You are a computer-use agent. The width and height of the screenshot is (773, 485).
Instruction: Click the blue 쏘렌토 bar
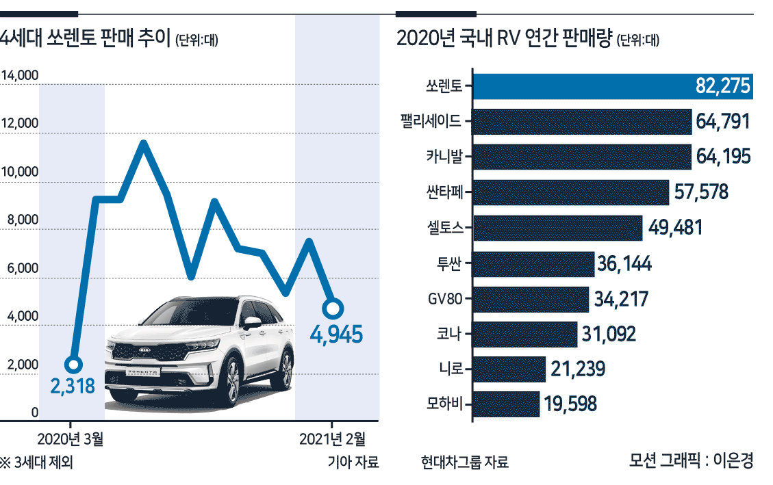[613, 86]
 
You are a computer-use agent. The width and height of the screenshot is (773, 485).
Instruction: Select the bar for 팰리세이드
[582, 122]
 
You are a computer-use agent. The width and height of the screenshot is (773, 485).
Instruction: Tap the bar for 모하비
[506, 404]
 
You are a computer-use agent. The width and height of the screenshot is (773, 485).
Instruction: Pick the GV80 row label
[444, 298]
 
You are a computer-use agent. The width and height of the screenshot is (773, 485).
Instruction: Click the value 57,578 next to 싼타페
[701, 192]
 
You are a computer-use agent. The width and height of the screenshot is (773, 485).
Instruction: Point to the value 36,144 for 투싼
[624, 263]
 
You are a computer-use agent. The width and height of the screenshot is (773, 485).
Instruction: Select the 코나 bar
[525, 335]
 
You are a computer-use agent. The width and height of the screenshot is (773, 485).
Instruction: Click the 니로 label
[451, 369]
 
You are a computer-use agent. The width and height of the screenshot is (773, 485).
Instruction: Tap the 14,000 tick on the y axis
[20, 75]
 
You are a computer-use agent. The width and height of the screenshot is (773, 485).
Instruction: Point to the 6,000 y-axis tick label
[22, 268]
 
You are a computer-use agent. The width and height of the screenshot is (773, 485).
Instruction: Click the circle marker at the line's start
[73, 365]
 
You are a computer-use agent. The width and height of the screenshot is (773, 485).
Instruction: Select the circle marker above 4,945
[333, 309]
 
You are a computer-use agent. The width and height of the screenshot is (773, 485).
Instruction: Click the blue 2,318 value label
[73, 386]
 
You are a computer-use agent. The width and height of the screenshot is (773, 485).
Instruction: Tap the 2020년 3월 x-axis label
[70, 438]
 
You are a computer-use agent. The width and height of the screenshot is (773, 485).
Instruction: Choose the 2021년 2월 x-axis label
[332, 438]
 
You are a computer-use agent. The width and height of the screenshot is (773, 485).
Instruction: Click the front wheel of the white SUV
[232, 382]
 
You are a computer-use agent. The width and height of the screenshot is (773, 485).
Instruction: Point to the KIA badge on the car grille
[145, 350]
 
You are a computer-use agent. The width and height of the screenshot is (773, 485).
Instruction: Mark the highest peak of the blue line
[144, 143]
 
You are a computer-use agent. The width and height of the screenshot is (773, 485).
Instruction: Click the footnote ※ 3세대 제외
[36, 463]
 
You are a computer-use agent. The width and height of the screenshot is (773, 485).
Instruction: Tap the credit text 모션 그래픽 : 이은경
[691, 461]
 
